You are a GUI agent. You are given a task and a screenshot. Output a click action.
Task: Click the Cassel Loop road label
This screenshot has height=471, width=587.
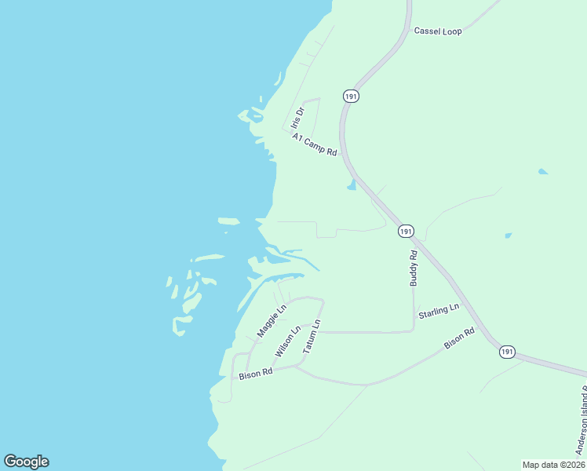click(438, 31)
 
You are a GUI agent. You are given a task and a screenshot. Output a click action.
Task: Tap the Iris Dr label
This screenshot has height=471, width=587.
click(296, 118)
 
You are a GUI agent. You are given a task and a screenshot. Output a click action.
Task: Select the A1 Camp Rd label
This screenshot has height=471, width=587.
click(314, 144)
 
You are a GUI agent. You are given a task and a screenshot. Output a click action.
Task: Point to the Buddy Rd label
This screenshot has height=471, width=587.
click(414, 268)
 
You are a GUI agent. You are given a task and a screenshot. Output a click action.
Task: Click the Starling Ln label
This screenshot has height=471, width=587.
click(438, 311)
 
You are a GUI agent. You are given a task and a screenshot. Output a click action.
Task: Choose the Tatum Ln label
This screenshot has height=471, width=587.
click(312, 336)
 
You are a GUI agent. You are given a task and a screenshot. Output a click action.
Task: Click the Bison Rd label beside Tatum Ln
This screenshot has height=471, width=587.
click(255, 374)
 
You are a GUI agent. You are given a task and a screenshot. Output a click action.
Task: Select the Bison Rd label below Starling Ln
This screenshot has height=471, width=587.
click(459, 338)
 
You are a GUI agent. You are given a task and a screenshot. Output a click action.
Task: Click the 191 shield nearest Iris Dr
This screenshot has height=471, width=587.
click(351, 95)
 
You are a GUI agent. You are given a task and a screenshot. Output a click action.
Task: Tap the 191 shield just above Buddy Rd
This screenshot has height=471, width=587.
click(405, 231)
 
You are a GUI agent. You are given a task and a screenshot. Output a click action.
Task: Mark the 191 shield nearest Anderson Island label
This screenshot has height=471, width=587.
click(507, 352)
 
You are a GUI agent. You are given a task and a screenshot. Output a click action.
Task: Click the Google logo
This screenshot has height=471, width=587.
click(26, 462)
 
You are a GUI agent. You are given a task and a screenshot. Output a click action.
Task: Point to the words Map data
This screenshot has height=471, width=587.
click(542, 465)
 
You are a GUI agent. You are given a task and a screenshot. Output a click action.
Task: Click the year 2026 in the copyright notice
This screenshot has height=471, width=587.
click(575, 465)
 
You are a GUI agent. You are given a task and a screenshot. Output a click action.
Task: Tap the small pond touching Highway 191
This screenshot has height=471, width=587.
click(352, 185)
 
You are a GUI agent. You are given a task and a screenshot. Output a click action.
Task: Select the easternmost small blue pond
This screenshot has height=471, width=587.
click(542, 171)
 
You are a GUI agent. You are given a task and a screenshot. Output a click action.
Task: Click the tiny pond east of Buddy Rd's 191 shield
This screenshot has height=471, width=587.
click(509, 235)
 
